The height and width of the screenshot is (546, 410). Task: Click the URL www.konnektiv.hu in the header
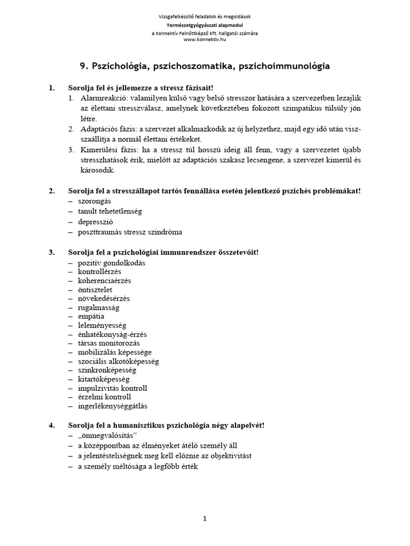click(x=204, y=39)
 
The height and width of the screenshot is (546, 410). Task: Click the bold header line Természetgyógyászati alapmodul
click(x=204, y=25)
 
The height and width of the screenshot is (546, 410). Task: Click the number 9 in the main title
click(x=83, y=66)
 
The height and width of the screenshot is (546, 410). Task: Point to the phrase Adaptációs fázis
click(x=108, y=129)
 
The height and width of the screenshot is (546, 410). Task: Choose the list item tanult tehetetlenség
click(x=109, y=211)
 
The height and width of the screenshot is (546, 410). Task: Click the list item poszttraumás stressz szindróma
click(x=130, y=232)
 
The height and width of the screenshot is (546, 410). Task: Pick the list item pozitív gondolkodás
click(x=112, y=262)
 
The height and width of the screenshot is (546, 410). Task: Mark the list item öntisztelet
click(x=95, y=290)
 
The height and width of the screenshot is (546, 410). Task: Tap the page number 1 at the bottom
click(x=204, y=518)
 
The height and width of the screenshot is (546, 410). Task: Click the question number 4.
click(x=52, y=425)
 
